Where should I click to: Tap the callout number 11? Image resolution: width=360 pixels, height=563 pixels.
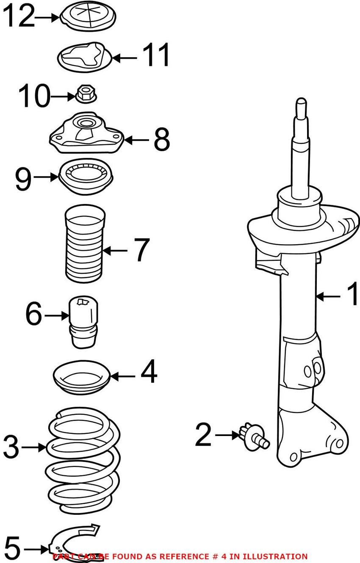(x=156, y=55)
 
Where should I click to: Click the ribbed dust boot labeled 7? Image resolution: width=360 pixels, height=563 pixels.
(x=84, y=246)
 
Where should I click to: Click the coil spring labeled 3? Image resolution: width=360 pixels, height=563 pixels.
(x=83, y=455)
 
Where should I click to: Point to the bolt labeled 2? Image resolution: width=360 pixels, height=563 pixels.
(x=253, y=436)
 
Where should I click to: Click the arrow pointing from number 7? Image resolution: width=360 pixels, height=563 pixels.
(x=114, y=251)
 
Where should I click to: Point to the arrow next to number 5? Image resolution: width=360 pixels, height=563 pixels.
(x=36, y=549)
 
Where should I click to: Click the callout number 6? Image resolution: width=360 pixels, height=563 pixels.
(x=34, y=315)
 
